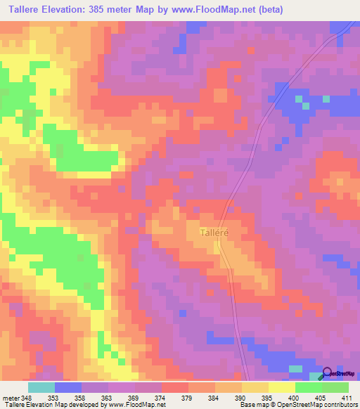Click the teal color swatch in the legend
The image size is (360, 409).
(41, 387)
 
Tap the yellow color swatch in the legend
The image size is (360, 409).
(281, 387)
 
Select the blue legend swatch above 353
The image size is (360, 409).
(68, 387)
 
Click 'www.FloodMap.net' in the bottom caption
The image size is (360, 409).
(137, 405)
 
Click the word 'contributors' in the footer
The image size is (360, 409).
(340, 405)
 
